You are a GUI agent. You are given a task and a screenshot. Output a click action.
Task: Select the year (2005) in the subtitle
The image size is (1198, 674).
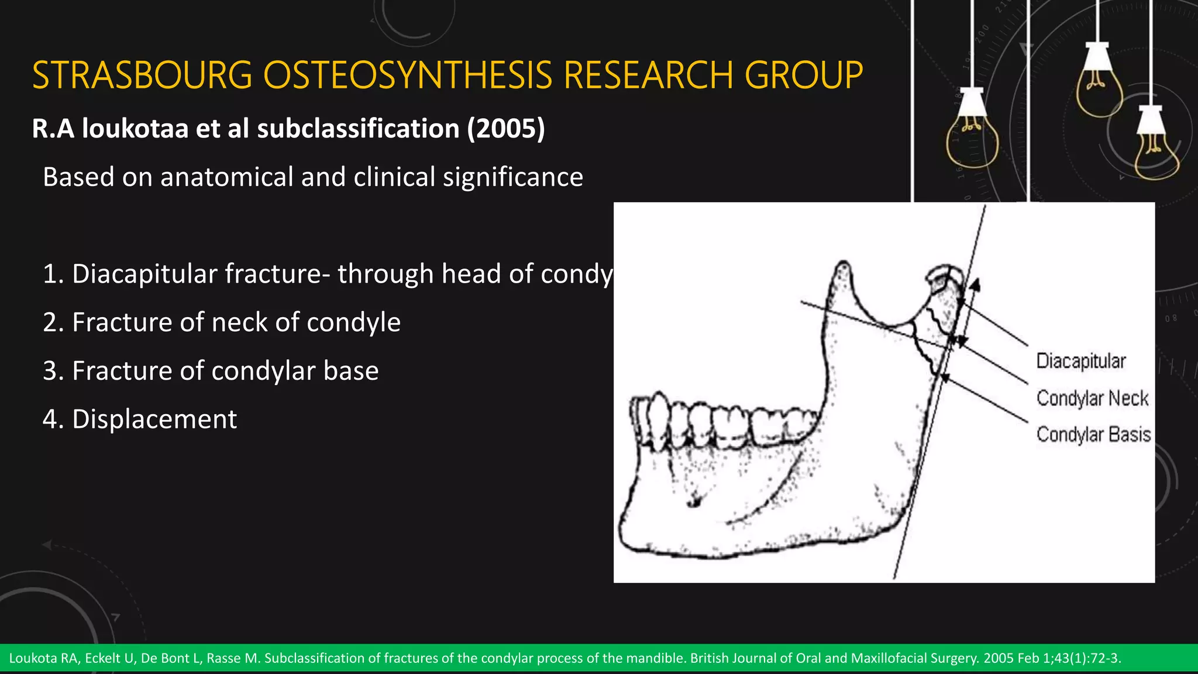(506, 129)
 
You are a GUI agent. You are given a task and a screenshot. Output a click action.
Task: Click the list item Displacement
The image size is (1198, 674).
(154, 419)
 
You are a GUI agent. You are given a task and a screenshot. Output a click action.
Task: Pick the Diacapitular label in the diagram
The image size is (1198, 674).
(1080, 361)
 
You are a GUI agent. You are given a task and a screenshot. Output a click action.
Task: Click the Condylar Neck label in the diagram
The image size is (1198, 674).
(1092, 398)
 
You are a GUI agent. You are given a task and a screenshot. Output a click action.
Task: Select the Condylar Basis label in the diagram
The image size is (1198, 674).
(1093, 435)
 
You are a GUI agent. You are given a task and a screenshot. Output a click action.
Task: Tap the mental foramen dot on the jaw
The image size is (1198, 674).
(695, 501)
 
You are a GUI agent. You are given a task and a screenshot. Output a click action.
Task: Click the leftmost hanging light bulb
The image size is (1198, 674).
(972, 137)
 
